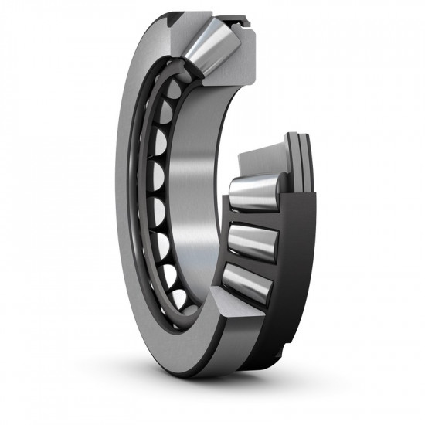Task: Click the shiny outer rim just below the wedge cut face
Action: coord(232,355)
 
